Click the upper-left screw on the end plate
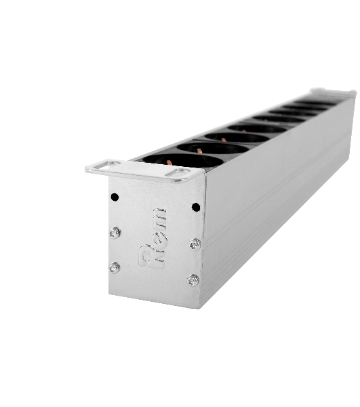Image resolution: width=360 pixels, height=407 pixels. pos(115,233)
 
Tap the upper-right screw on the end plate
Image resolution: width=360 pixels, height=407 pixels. pos(195,244)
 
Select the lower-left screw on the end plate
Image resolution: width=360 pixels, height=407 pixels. pos(114,268)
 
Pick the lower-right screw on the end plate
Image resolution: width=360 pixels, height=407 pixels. pos(193,280)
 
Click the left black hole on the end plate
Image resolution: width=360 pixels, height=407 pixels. pos(115,197)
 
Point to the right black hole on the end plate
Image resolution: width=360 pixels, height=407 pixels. pos(196,207)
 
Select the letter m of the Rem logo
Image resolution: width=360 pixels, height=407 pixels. pos(159,218)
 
